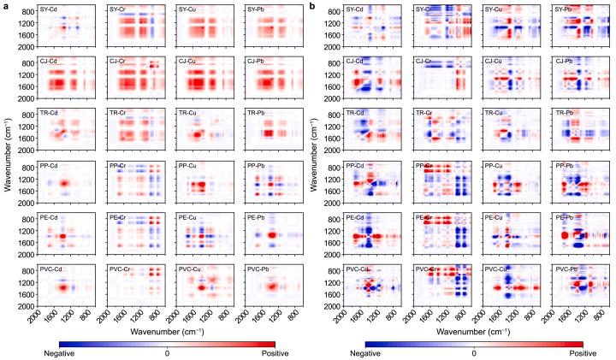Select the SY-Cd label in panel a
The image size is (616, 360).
coord(48,10)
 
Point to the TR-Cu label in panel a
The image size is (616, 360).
coord(187,113)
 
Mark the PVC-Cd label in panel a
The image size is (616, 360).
coord(50,269)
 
